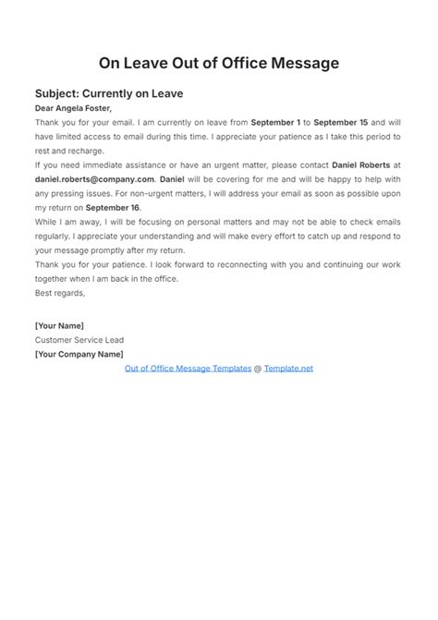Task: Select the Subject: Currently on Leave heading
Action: (x=109, y=93)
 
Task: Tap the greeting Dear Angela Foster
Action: (x=75, y=108)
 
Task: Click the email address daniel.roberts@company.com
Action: (x=94, y=179)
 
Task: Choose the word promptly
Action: (x=108, y=251)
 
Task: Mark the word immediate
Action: (x=106, y=165)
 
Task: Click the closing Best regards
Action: (x=60, y=294)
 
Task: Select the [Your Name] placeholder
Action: (x=59, y=326)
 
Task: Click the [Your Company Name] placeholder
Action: (x=78, y=354)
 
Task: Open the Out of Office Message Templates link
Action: (x=189, y=368)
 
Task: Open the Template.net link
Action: (x=289, y=368)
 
